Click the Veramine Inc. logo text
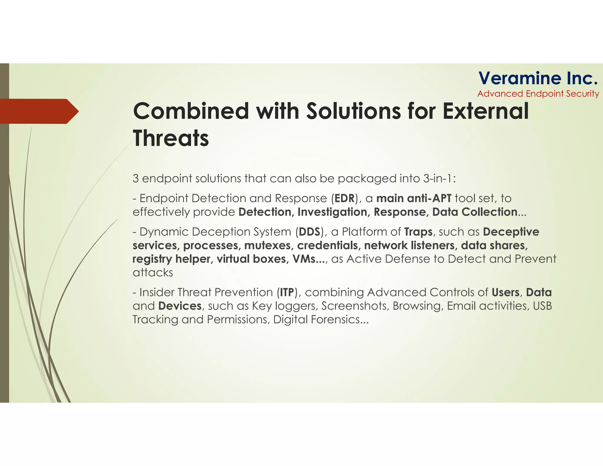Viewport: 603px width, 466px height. coord(538,78)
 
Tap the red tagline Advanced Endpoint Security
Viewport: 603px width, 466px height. coord(538,94)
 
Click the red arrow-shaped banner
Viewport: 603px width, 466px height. coord(38,111)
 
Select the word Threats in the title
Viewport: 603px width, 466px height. coord(171,138)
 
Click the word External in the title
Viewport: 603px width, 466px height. coord(486,111)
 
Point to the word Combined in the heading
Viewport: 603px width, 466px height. coord(191,111)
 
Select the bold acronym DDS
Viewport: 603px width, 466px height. coord(309,232)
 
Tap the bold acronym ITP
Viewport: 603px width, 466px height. coord(287,292)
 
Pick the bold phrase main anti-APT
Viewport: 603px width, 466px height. coord(414,198)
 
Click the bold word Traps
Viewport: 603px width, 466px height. coord(418,232)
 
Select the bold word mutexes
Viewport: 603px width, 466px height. coord(268,245)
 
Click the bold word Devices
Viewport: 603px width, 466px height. coord(180,306)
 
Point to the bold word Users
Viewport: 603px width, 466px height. coord(505,292)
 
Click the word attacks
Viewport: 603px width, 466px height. coord(153,272)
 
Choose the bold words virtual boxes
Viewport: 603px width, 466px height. coord(251,259)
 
